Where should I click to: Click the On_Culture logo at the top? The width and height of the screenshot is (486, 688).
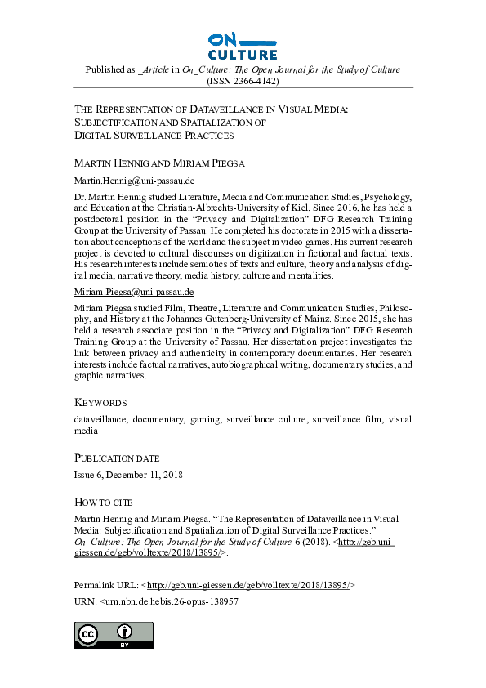[243, 46]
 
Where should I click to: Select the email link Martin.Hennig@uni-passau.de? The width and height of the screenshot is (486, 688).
[134, 180]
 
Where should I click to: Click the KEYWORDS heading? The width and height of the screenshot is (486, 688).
[100, 403]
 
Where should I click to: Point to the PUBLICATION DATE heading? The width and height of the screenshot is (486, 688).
[117, 458]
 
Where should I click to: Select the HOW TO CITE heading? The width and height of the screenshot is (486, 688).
[103, 502]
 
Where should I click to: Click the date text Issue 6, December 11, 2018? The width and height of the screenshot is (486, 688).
[128, 475]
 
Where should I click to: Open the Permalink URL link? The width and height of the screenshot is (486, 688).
[248, 585]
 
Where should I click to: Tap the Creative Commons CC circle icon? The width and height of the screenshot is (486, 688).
[87, 634]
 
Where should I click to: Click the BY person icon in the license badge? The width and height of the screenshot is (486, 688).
[124, 633]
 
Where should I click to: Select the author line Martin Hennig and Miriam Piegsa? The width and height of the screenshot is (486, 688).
[158, 163]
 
